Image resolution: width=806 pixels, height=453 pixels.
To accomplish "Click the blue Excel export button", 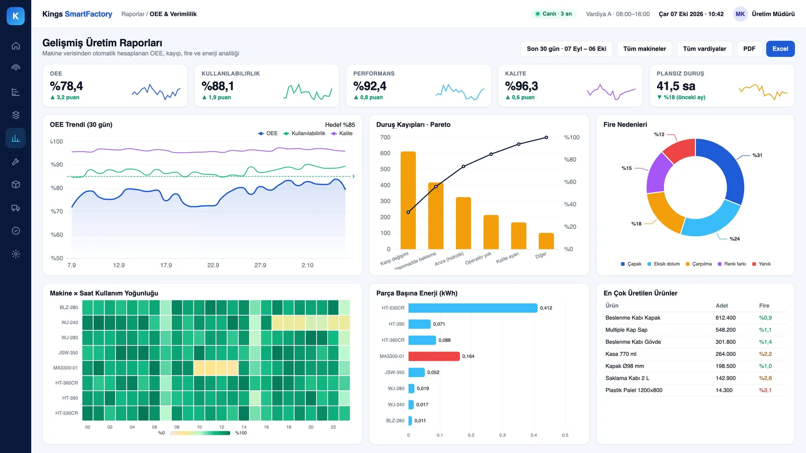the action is click(780, 49).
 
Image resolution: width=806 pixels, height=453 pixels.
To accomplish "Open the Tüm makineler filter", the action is click(644, 49).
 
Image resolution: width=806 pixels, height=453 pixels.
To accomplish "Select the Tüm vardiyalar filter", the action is click(704, 49).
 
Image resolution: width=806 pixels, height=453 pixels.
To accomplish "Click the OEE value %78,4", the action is click(66, 86).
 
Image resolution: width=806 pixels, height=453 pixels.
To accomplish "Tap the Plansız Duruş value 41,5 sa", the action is click(676, 86).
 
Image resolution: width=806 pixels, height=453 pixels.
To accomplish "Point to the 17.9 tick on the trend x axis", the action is click(166, 265).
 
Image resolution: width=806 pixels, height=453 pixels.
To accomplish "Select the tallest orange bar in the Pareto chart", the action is click(408, 200).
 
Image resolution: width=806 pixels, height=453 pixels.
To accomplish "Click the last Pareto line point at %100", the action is click(546, 137).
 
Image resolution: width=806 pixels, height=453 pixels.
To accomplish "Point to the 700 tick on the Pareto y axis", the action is click(385, 137).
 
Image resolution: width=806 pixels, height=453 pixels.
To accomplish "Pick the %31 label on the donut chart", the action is click(757, 155).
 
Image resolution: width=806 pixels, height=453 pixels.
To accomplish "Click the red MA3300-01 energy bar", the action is click(434, 356).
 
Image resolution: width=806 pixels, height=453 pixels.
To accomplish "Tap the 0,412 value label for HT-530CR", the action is click(546, 308).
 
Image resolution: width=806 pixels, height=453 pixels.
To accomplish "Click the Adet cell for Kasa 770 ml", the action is click(725, 354).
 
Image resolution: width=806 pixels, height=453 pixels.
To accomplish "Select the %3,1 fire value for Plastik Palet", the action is click(765, 390).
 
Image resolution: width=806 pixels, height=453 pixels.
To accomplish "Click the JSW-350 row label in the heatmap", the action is click(68, 353).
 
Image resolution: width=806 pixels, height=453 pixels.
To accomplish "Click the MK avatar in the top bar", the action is click(740, 14).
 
